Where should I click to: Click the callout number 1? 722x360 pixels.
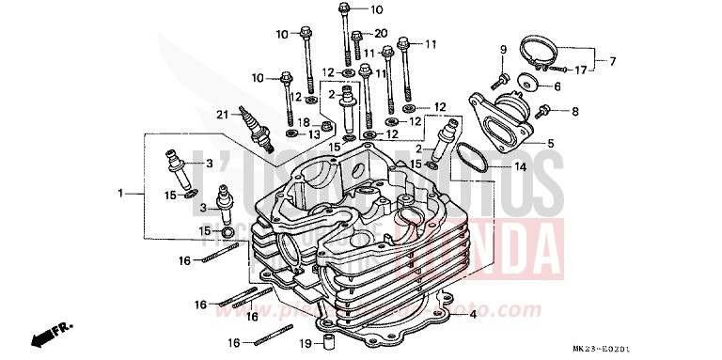click(x=120, y=193)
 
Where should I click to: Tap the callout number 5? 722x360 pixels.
click(x=550, y=143)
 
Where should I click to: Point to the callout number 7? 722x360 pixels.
click(x=613, y=61)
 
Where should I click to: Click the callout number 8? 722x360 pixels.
click(x=576, y=111)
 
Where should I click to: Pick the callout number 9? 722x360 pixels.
click(x=503, y=49)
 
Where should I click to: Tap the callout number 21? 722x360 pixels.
click(x=222, y=115)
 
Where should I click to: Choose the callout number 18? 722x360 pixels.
click(x=303, y=122)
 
